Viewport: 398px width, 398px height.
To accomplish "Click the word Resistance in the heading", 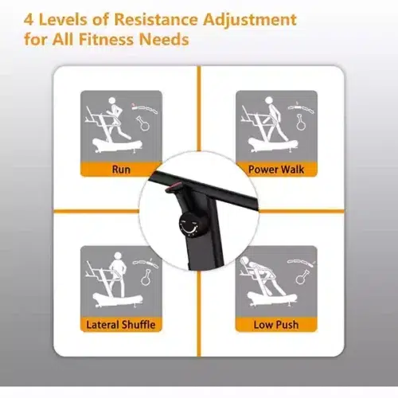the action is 156,19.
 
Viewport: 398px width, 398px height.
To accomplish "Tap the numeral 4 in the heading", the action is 29,20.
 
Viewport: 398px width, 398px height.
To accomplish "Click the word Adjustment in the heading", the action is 250,20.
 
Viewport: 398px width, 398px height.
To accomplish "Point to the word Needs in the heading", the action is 164,39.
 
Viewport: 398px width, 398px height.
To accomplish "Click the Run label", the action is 121,170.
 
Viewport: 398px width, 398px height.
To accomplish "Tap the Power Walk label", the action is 276,170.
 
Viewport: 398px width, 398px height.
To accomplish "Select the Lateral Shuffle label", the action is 121,325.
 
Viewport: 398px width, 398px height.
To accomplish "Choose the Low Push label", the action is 276,325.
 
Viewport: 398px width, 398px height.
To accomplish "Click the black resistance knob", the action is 189,224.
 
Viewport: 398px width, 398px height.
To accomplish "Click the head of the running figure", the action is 112,101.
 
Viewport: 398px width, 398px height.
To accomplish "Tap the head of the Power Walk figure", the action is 269,100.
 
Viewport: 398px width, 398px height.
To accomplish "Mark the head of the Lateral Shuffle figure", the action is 118,256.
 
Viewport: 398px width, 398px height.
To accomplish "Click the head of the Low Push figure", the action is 244,260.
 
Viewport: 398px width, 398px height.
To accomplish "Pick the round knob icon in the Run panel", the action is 143,123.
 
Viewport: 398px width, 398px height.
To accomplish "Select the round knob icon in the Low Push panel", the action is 302,277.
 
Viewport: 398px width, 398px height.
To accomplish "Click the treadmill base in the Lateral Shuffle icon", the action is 118,300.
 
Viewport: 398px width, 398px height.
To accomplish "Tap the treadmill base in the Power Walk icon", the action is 273,146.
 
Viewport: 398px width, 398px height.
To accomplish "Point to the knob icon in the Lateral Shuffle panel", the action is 146,277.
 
